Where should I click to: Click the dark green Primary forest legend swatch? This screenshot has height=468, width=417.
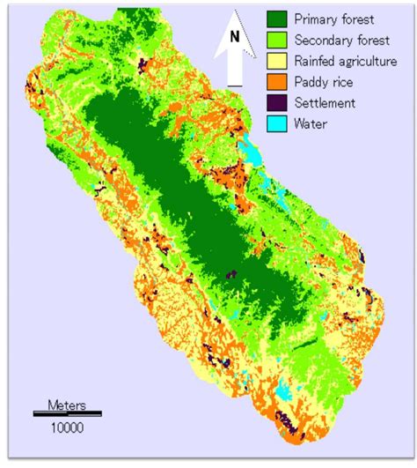click(x=279, y=19)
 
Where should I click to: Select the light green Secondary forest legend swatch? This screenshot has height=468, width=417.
click(x=279, y=40)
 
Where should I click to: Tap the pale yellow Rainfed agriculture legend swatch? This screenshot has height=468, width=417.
click(x=279, y=61)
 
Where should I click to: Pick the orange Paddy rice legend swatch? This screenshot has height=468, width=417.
click(x=279, y=82)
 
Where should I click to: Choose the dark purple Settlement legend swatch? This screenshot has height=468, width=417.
click(x=279, y=103)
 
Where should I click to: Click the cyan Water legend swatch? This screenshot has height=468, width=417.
click(x=279, y=124)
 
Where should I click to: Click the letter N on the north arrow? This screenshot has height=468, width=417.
click(x=234, y=37)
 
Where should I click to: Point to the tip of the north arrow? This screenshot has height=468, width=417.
click(x=234, y=10)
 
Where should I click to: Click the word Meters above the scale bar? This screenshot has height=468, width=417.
click(x=66, y=405)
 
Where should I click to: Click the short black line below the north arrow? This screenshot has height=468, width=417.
click(x=234, y=85)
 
